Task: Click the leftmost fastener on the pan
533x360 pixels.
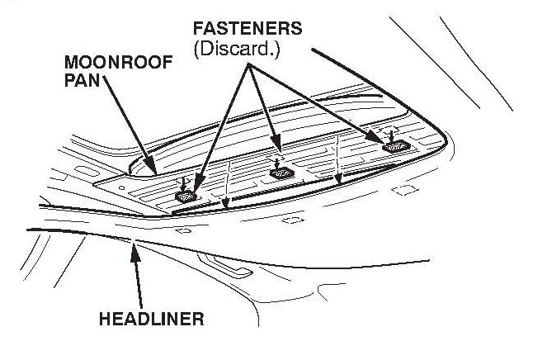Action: (186, 197)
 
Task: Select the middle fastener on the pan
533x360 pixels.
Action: (282, 173)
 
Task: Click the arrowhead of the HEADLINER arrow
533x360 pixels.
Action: (131, 246)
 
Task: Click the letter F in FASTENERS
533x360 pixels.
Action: (186, 27)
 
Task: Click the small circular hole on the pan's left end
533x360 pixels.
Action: (122, 187)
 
